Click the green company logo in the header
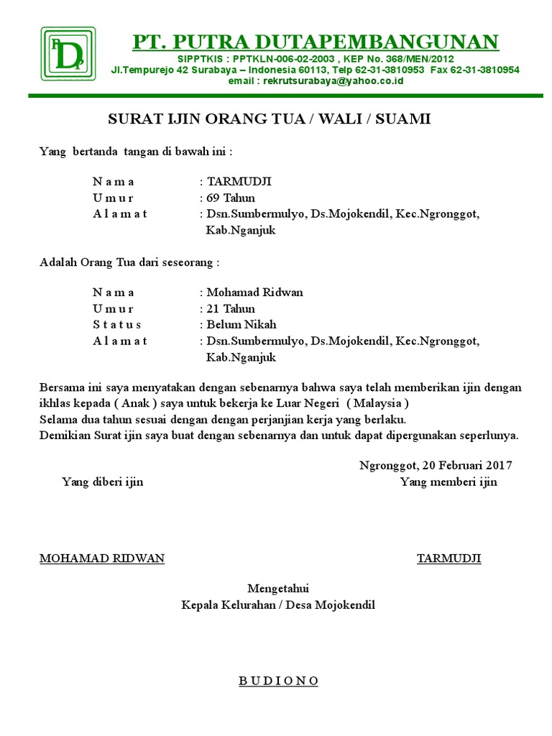click(68, 55)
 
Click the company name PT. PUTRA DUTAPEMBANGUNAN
click(316, 42)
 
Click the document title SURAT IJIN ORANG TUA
click(269, 119)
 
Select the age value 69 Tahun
click(231, 198)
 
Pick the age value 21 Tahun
click(231, 309)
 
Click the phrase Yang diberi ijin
click(102, 482)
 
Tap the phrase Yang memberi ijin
click(448, 482)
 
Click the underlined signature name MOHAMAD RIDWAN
click(102, 558)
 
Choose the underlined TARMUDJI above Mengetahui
click(449, 558)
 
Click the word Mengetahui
click(278, 589)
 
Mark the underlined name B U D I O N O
click(278, 681)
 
